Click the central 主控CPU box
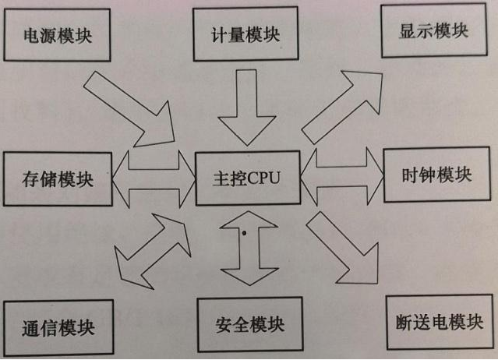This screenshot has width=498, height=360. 245,178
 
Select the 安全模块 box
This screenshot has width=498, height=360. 249,323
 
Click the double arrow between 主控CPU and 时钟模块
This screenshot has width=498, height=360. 341,176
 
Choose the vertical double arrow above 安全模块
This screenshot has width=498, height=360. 249,249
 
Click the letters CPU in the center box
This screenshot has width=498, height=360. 263,178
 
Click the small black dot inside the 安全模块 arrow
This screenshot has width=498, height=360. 245,232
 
